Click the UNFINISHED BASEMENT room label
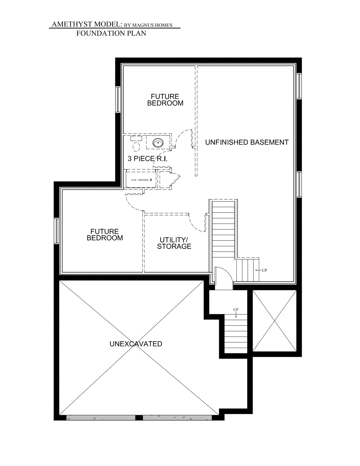tap(247, 142)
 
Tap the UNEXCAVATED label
tap(136, 344)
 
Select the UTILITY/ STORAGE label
tap(174, 243)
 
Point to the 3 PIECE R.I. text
tap(148, 159)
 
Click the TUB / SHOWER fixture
tap(141, 179)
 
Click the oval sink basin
tap(158, 142)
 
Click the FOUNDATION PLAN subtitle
tap(111, 33)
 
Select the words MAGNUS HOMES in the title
tap(152, 25)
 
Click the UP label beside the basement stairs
tap(264, 270)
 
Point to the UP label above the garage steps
tap(236, 309)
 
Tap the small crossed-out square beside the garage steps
tap(275, 321)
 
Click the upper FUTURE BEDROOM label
tap(165, 100)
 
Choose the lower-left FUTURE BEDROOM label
tap(105, 234)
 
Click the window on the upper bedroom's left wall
tap(118, 99)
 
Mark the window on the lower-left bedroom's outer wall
tap(56, 231)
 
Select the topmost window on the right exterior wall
tap(299, 86)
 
